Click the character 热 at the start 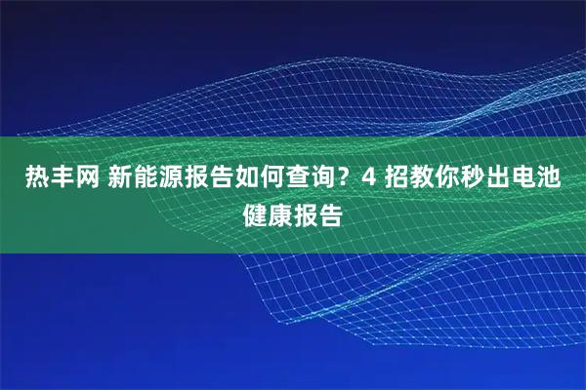pos(38,178)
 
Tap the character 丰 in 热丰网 pos(63,178)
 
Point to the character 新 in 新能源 pos(122,178)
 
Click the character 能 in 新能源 pos(147,178)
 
